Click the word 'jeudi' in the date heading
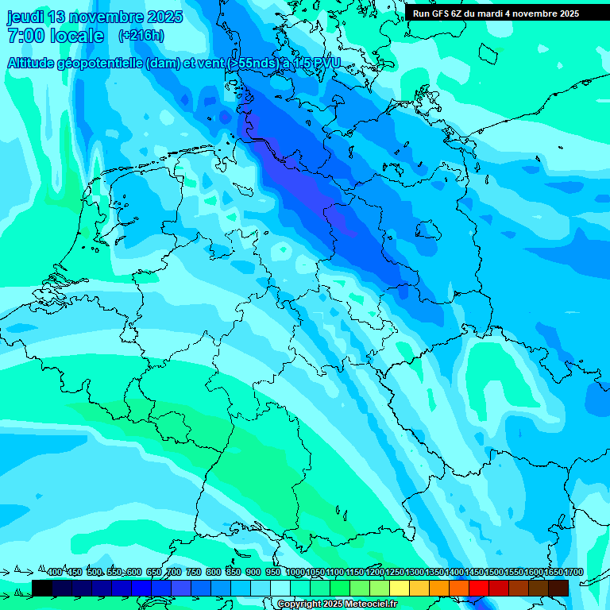[26, 17]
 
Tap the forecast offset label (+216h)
[141, 35]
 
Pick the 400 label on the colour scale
[55, 572]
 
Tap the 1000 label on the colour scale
[295, 572]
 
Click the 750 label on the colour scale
[193, 572]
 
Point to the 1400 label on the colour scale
[454, 572]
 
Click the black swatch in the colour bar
[42, 588]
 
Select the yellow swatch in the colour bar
[400, 588]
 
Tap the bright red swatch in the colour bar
[479, 588]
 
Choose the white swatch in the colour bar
[280, 588]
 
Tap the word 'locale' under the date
[77, 36]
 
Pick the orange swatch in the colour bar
[439, 588]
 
